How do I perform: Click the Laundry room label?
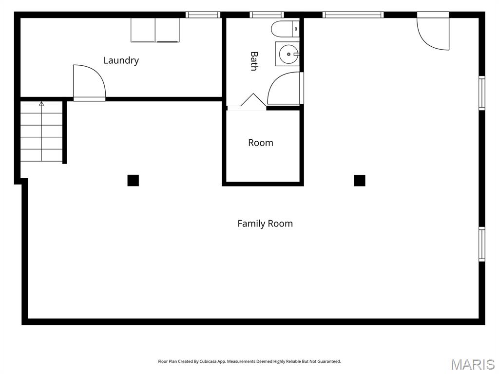[x=121, y=60]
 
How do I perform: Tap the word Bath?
[x=254, y=61]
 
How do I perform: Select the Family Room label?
[x=265, y=224]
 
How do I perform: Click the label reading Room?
[x=261, y=143]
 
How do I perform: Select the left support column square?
[x=133, y=181]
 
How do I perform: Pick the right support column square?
[x=360, y=181]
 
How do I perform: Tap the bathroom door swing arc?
[x=284, y=89]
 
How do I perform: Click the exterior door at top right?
[x=433, y=33]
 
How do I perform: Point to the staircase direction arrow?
[x=41, y=104]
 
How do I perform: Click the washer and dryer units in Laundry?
[x=155, y=30]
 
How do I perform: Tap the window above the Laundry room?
[x=203, y=15]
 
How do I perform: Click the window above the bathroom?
[x=267, y=15]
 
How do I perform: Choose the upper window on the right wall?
[x=481, y=93]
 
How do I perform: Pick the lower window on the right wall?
[x=481, y=244]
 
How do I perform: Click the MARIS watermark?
[x=472, y=364]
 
